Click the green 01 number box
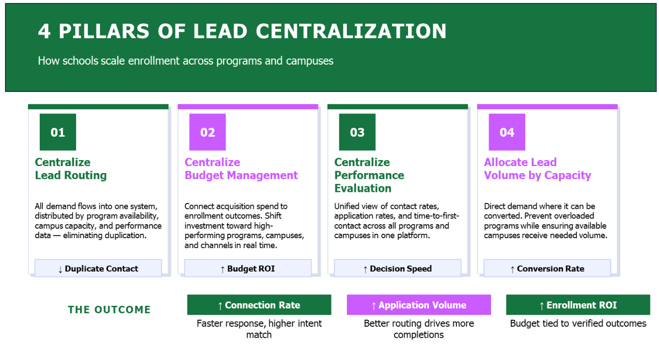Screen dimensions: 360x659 [58, 132]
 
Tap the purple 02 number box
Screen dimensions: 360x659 [207, 132]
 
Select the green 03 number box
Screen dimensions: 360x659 [357, 132]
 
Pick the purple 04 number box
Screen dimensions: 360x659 [507, 132]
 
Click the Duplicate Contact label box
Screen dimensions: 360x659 [98, 269]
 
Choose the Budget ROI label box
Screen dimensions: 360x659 [247, 269]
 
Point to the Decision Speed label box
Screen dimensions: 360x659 [397, 269]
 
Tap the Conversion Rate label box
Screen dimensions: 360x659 [547, 269]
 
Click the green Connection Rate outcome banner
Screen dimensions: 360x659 [259, 305]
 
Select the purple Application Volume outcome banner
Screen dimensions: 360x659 [418, 305]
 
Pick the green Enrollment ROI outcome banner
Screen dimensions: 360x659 [578, 305]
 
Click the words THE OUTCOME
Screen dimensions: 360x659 [109, 309]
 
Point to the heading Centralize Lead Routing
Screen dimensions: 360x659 [71, 169]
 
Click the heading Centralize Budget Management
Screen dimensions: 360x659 [241, 169]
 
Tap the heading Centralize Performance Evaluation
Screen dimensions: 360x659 [369, 175]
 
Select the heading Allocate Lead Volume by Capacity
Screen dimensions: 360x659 [537, 169]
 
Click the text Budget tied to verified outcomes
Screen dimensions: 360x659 [578, 324]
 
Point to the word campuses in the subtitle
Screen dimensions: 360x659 [310, 61]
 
